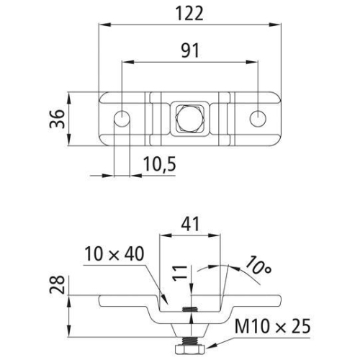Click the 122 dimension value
point(189,13)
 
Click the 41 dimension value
point(189,224)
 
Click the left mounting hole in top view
point(122,118)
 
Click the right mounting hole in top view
point(258,118)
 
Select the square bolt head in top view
point(189,118)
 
